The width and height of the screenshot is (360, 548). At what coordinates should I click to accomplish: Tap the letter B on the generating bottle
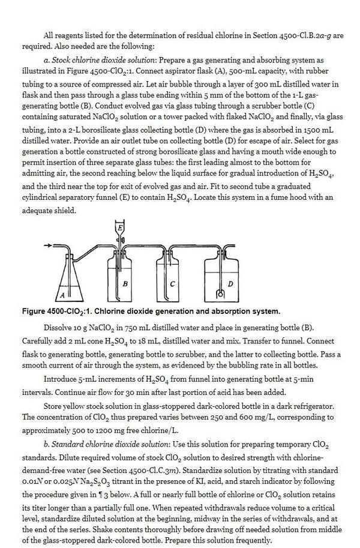(124, 282)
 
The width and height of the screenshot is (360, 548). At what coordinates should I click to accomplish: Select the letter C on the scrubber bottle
(172, 282)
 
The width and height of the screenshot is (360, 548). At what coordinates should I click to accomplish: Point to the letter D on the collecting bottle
(230, 282)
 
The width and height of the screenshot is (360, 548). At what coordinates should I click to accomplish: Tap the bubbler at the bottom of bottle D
(220, 294)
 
